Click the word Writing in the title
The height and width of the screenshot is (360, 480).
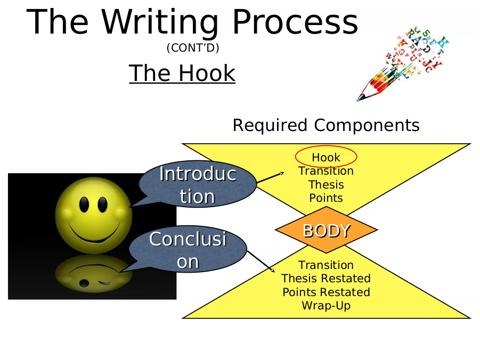pyautogui.click(x=159, y=23)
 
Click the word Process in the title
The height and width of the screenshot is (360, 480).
pyautogui.click(x=295, y=22)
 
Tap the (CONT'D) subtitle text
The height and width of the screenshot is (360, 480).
pyautogui.click(x=193, y=48)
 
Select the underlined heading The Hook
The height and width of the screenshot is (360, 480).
pyautogui.click(x=182, y=73)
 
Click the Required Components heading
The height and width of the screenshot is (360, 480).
pyautogui.click(x=326, y=125)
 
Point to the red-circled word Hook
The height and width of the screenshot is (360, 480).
pyautogui.click(x=326, y=157)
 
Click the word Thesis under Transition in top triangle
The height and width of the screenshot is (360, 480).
pyautogui.click(x=326, y=185)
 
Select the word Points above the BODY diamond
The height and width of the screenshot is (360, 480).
pyautogui.click(x=326, y=198)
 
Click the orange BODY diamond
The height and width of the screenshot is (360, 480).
pyautogui.click(x=327, y=230)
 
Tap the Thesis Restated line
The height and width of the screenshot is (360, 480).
pyautogui.click(x=326, y=279)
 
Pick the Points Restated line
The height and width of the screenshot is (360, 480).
pyautogui.click(x=326, y=292)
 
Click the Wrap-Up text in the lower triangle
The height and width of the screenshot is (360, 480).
pyautogui.click(x=326, y=306)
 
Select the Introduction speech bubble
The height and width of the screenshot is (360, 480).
pyautogui.click(x=198, y=184)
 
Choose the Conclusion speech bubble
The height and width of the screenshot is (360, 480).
pyautogui.click(x=188, y=249)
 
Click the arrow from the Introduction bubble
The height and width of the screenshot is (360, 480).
pyautogui.click(x=270, y=177)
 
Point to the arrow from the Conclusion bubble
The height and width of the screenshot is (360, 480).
pyautogui.click(x=261, y=261)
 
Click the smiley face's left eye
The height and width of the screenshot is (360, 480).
pyautogui.click(x=84, y=204)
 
